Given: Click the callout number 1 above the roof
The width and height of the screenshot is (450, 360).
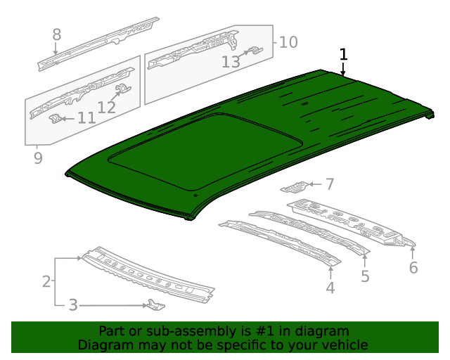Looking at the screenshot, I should tap(343, 55).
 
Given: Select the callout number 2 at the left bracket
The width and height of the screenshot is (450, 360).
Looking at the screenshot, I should tap(46, 282).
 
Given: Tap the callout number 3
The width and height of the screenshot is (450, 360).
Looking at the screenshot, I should tap(73, 305).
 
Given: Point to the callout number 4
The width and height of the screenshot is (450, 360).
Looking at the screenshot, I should tap(330, 287).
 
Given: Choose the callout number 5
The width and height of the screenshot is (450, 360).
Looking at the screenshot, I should tap(365, 276).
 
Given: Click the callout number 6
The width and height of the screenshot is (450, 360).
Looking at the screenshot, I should tap(413, 267).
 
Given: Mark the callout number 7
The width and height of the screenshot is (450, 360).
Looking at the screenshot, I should tap(329, 185).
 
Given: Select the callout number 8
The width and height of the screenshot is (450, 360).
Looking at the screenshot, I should tap(57, 34).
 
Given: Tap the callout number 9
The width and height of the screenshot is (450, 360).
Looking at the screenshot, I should tap(37, 158).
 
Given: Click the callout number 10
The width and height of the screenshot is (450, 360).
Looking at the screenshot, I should tap(288, 42).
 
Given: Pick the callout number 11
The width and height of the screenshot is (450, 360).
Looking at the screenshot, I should tap(86, 118).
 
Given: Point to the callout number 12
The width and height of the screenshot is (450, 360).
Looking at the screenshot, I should tap(107, 107).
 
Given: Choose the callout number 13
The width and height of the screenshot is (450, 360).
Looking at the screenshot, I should tap(231, 62).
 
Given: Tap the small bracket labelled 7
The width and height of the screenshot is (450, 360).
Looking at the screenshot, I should tap(295, 187).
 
